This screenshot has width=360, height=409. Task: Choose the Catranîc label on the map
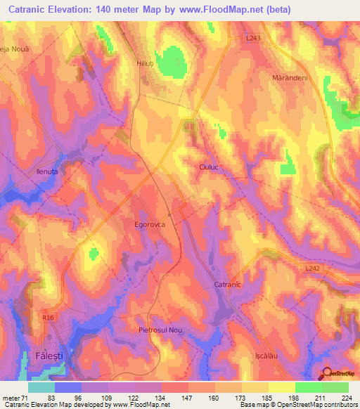pyautogui.click(x=227, y=285)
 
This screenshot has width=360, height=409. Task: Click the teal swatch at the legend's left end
pyautogui.click(x=41, y=387)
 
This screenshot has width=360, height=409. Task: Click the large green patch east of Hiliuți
pyautogui.click(x=171, y=61)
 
